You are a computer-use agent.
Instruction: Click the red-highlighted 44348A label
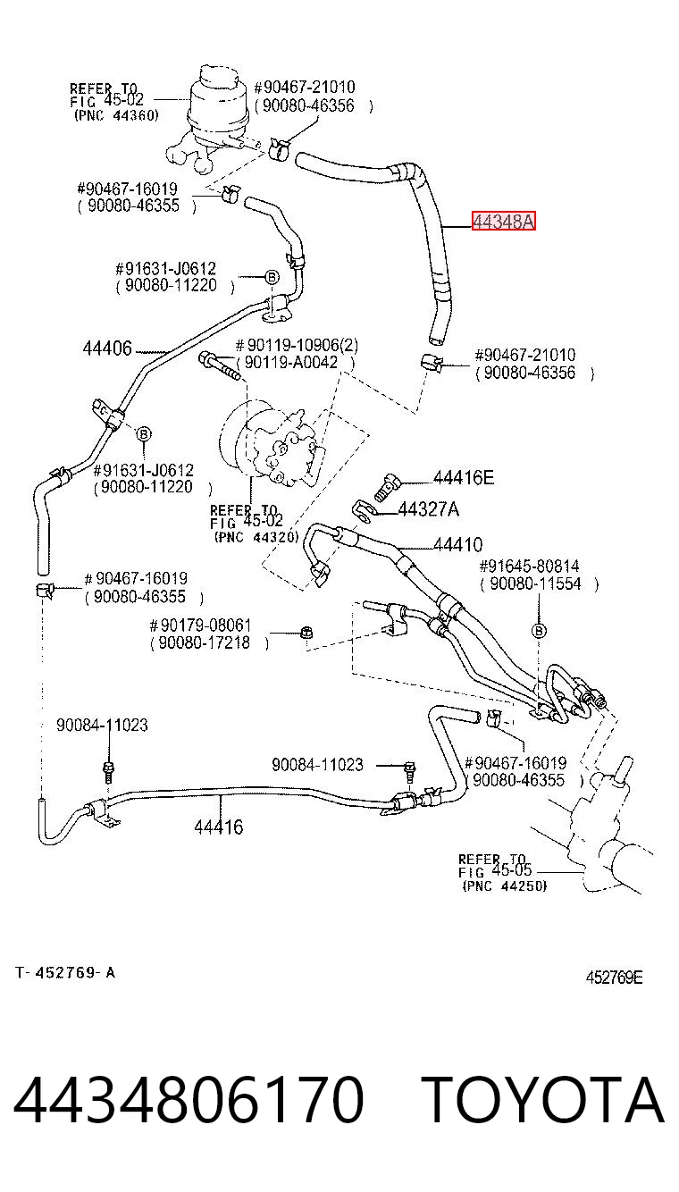pos(503,221)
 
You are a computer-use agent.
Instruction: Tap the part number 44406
pos(107,348)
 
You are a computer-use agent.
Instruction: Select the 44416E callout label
pos(464,478)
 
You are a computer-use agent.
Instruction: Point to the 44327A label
pos(428,510)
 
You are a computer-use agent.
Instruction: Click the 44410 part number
pos(458,545)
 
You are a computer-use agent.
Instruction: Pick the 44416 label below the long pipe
pos(218,827)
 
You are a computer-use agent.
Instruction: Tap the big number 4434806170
pos(189,1099)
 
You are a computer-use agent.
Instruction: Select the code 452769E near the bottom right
pos(614,978)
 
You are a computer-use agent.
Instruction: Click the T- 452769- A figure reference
pos(65,973)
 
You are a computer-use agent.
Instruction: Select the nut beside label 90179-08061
pos(306,634)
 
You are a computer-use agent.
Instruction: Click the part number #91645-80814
pos(529,566)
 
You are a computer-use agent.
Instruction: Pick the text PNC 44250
pos(505,886)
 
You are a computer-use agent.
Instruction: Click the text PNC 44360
pos(116,115)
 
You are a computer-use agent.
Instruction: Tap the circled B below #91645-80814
pos(539,631)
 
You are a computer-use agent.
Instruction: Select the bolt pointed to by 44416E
pos(389,487)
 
